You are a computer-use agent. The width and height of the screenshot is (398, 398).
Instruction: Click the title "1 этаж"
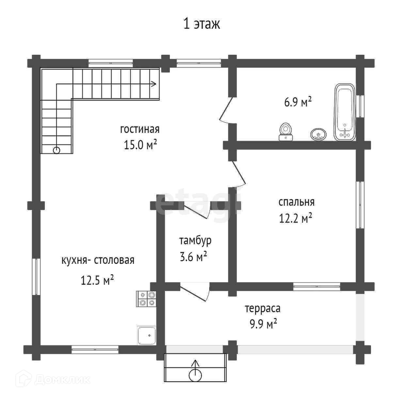201,24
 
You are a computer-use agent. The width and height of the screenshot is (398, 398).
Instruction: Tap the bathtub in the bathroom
345,112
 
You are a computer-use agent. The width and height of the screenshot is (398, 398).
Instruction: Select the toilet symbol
286,132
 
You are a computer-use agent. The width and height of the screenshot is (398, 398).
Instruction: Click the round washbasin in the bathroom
319,134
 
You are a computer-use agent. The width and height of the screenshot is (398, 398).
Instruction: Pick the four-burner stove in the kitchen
146,299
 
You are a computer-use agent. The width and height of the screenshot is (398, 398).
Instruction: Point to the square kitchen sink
147,336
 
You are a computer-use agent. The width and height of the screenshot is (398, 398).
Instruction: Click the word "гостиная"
140,130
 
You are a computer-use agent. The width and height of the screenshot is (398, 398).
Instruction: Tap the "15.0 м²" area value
140,144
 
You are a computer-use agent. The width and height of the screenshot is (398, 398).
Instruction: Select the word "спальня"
296,202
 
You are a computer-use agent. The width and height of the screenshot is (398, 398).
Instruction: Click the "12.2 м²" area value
295,218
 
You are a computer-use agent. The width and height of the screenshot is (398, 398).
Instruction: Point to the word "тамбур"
195,241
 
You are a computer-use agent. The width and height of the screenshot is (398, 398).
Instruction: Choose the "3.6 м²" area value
193,256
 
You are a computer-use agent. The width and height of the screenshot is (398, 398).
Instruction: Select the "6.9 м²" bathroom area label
298,102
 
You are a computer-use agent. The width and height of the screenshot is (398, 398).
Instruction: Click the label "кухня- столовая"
98,260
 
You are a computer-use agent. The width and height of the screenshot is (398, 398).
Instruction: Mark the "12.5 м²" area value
97,280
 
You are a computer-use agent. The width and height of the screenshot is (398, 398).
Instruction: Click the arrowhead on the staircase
154,84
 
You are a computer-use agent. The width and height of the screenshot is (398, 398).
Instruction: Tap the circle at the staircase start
56,151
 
